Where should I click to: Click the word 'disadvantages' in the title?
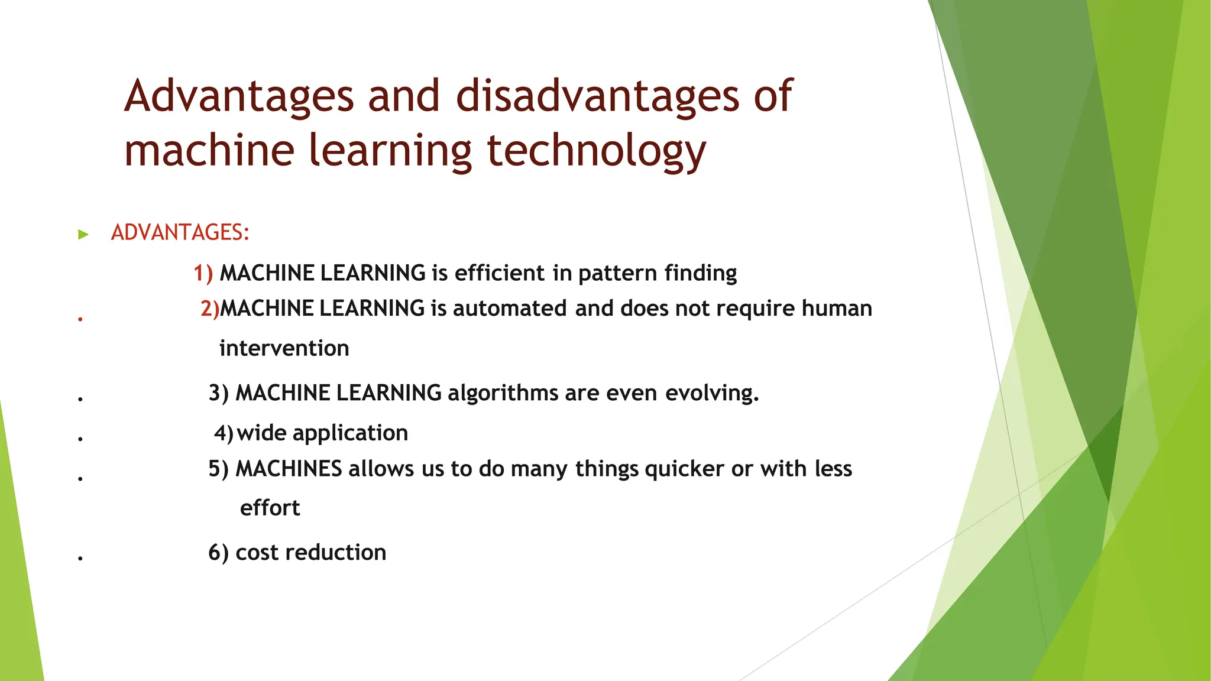click(597, 96)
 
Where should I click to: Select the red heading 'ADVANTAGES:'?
click(180, 232)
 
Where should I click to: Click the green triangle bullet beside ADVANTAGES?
click(83, 235)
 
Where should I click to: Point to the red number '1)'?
click(203, 273)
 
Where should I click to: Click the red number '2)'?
click(209, 309)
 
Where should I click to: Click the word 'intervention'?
click(284, 348)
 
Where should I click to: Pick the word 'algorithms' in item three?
click(503, 393)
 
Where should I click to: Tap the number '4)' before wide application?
click(224, 433)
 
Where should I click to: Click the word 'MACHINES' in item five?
click(289, 469)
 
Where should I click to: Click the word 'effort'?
click(270, 508)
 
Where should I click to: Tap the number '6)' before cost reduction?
click(218, 553)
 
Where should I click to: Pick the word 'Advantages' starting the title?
click(239, 96)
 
